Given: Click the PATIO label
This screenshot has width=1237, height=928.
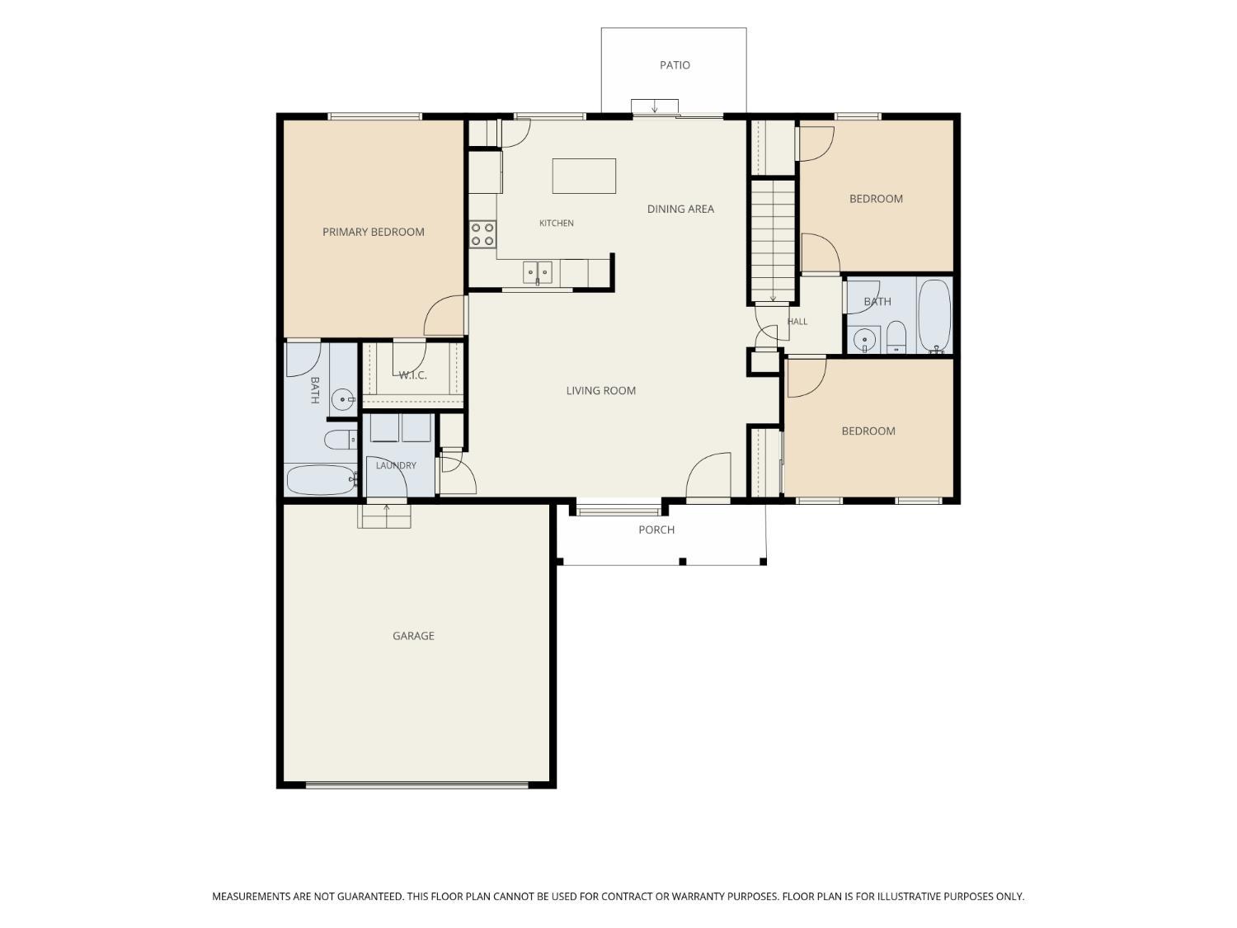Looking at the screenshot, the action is (x=675, y=65).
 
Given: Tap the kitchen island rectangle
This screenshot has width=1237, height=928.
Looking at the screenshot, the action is (x=584, y=176).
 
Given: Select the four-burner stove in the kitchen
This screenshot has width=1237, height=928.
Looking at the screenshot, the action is (x=482, y=234).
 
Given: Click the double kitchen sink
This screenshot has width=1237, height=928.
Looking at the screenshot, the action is (x=537, y=273).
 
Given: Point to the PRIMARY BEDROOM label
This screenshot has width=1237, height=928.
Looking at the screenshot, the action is (x=373, y=232).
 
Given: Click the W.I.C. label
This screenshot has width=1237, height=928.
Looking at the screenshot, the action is (x=412, y=375).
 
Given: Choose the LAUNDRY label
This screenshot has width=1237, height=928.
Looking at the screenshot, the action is (x=396, y=465).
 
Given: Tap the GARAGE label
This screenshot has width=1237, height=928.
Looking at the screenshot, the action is (x=413, y=636).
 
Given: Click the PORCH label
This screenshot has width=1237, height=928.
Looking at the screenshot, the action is (x=656, y=530).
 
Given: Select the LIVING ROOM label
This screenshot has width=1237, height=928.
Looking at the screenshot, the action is (x=600, y=390).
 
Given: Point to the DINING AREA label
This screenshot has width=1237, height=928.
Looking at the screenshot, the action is (x=680, y=209).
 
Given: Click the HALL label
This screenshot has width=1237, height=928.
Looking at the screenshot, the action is (x=797, y=322).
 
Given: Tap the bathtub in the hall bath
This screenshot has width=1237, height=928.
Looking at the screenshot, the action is (x=934, y=316).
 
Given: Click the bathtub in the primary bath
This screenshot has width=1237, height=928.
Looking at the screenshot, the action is (x=322, y=480).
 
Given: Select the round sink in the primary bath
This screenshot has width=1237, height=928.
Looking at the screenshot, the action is (x=342, y=399).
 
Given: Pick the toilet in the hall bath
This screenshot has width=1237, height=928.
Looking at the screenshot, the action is (x=896, y=337).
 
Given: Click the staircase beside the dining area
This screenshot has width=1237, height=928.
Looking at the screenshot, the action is (x=773, y=241).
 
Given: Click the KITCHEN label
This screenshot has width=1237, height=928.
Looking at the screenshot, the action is (x=556, y=223).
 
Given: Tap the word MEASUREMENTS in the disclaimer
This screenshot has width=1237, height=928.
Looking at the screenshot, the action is (x=251, y=897).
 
